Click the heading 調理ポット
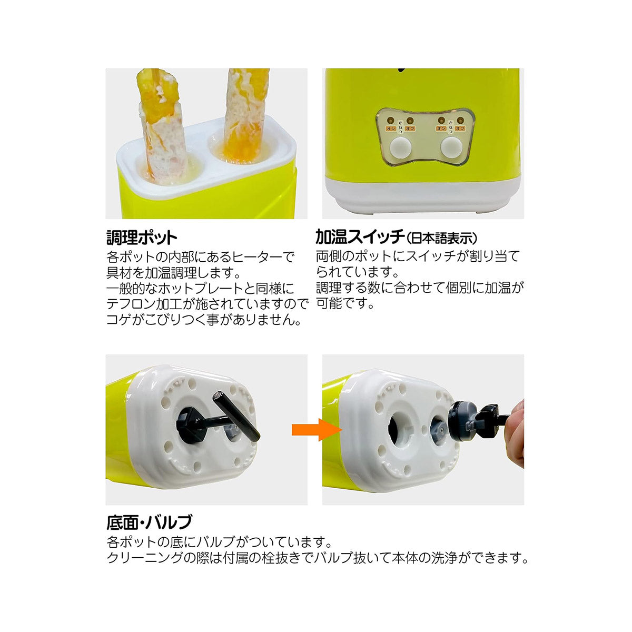[x=142, y=238]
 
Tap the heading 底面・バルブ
[x=149, y=522]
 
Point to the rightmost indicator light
[x=459, y=120]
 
